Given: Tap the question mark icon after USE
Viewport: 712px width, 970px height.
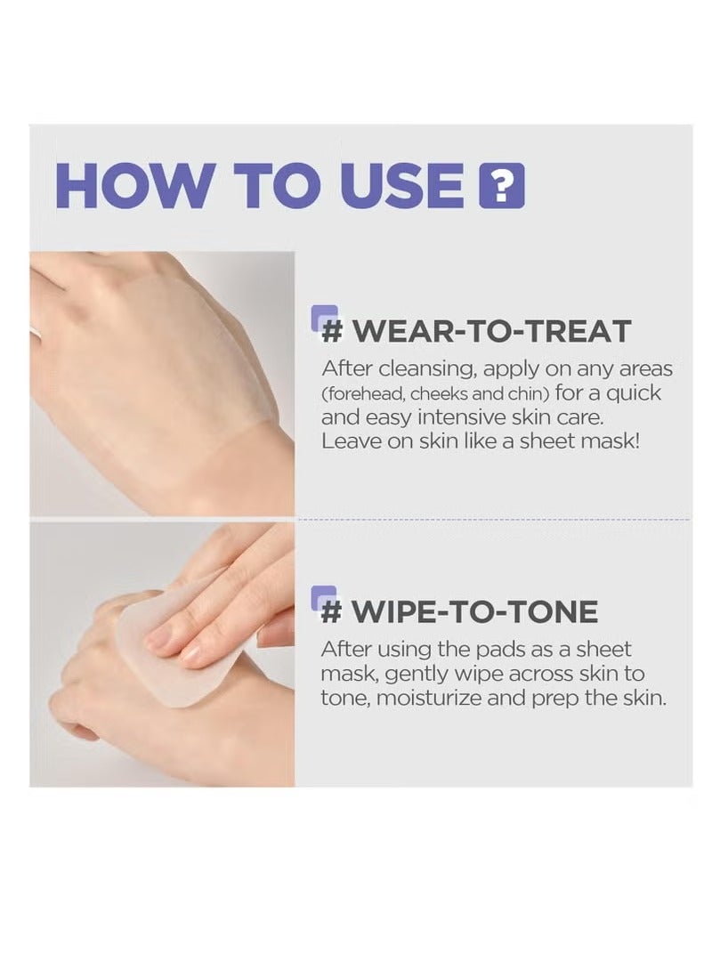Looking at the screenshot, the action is [502, 185].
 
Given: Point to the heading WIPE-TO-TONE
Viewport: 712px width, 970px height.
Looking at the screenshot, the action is [459, 610].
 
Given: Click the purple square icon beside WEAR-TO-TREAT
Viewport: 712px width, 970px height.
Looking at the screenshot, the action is [325, 318].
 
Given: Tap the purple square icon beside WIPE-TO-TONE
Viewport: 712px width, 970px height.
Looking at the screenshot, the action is [325, 598].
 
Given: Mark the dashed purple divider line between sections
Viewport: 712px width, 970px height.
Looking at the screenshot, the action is [494, 520].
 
